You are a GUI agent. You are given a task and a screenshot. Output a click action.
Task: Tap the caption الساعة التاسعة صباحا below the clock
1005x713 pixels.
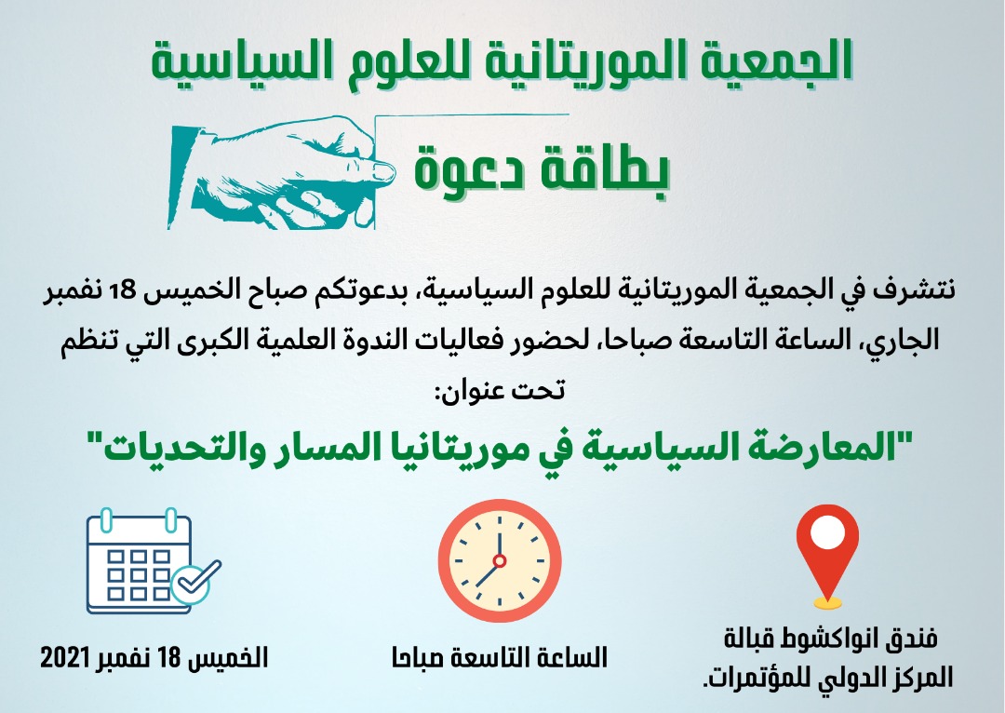pos(500,658)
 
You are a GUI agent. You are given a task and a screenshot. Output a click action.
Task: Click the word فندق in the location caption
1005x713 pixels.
pos(909,639)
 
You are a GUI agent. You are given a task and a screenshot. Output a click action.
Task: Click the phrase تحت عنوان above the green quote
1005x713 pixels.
pos(500,389)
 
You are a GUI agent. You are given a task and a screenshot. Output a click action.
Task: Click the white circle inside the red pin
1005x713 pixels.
pos(827,531)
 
